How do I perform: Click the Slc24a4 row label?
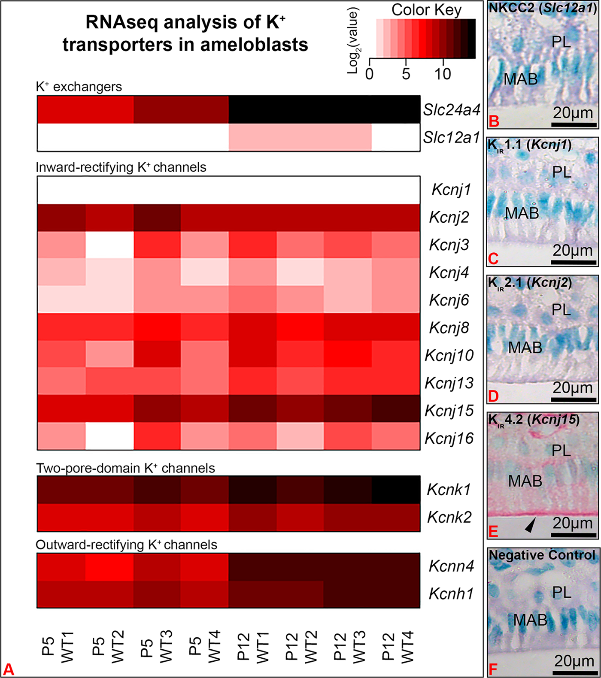pos(451,110)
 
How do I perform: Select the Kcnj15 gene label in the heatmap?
pos(449,411)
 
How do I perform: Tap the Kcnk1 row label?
pos(449,490)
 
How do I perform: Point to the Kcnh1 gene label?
pos(451,594)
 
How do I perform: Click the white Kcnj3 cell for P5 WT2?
pos(109,245)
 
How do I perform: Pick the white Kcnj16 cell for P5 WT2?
pos(109,436)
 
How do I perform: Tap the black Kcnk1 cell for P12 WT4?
pos(396,489)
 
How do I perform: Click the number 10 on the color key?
pos(442,74)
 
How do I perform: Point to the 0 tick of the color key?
pos(370,74)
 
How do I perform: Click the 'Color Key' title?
pos(426,10)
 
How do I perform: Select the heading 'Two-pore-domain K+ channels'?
pos(125,468)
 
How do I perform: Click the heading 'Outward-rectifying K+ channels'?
pos(126,545)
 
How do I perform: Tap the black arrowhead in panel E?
pos(531,525)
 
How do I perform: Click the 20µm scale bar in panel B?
pos(574,124)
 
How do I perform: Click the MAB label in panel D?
pos(525,348)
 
